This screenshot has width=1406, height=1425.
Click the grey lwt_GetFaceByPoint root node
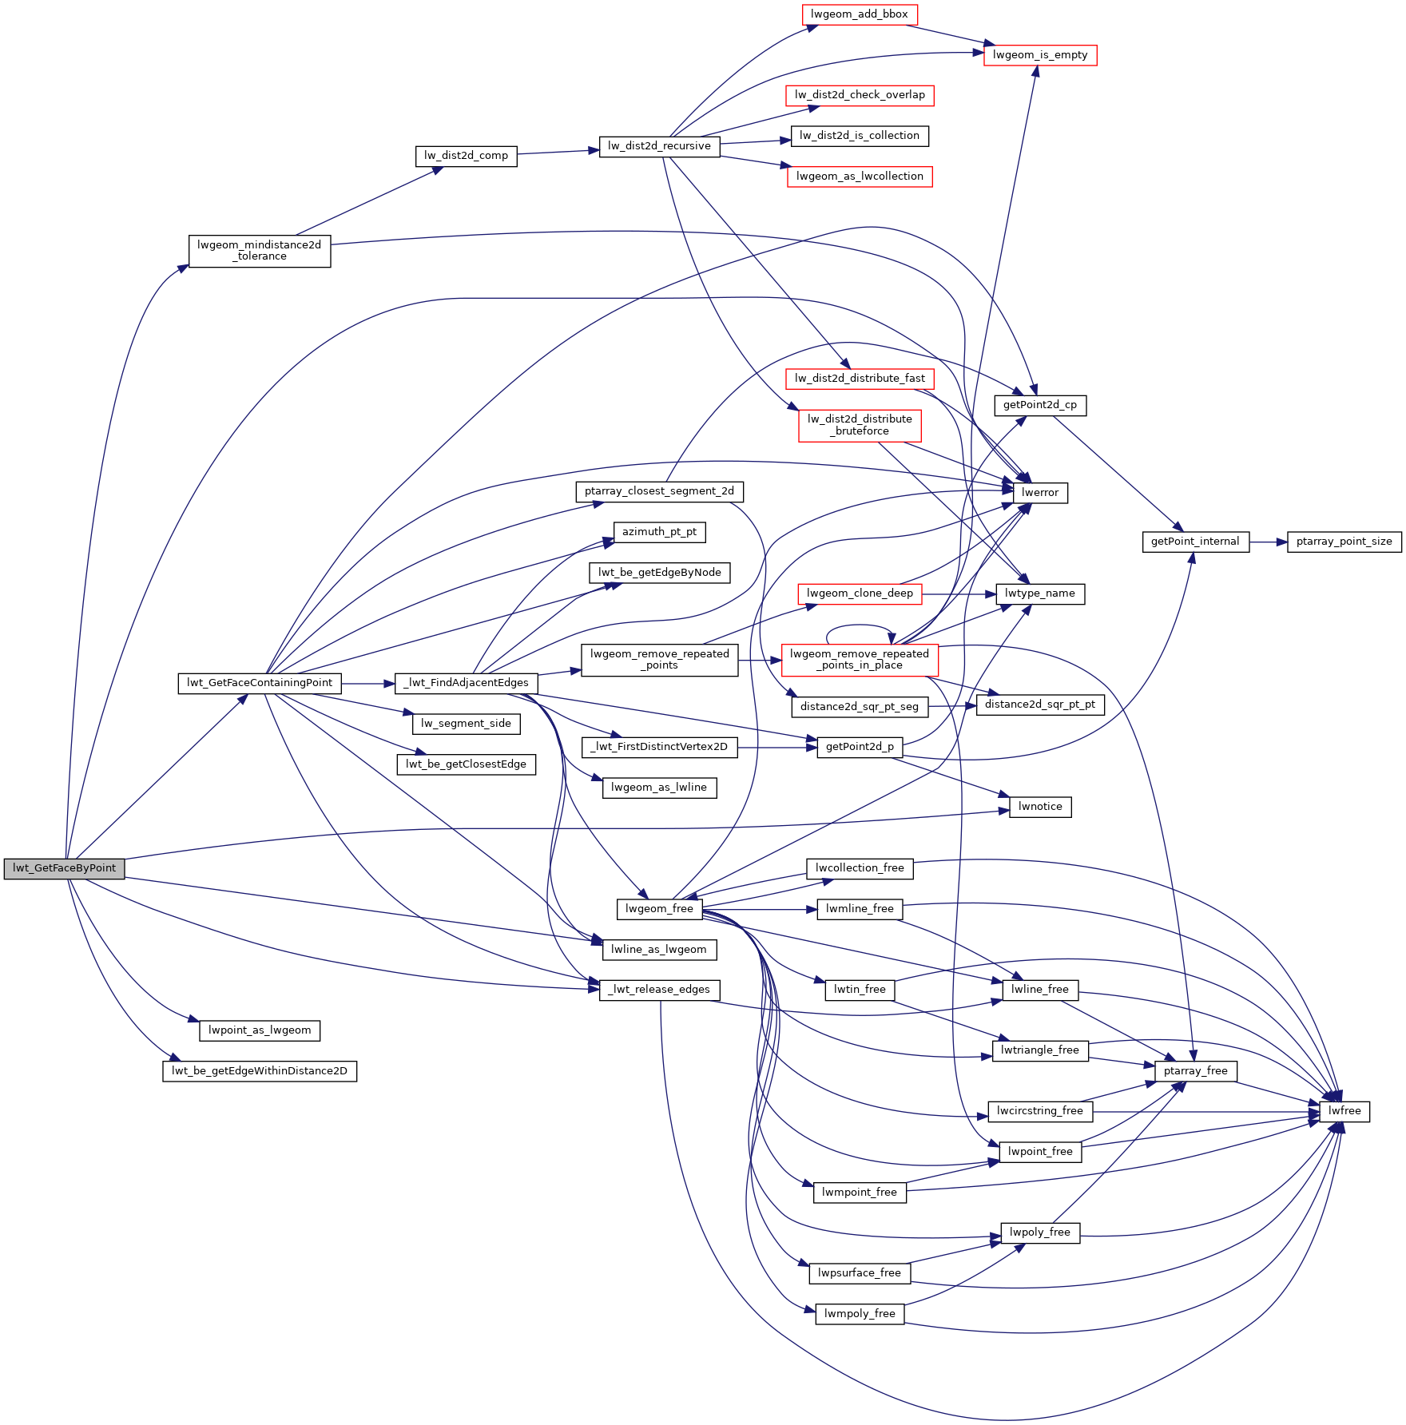pos(64,868)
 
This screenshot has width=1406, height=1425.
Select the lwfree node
pos(1344,1111)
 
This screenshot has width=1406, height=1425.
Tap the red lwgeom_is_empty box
pos(1040,55)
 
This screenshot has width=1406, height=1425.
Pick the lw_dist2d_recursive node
pos(659,146)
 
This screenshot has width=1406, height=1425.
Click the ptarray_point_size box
pos(1344,542)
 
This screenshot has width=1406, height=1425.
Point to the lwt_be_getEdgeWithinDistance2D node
pos(260,1071)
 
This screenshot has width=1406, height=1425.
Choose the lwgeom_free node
pos(659,909)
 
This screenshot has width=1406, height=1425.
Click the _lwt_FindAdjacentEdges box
pos(466,683)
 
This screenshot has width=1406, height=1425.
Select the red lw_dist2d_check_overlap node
pos(860,95)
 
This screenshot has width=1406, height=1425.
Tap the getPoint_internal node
pos(1195,542)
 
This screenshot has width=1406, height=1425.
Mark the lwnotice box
pos(1040,807)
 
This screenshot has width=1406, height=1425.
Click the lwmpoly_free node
pos(860,1314)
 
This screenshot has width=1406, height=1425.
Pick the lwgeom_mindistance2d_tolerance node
pos(260,251)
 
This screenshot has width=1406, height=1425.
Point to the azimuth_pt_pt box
pos(659,532)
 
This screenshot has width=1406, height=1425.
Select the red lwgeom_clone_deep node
pos(860,593)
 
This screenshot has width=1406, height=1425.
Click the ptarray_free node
pos(1195,1071)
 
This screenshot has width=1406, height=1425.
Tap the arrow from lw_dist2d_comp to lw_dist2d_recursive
pos(558,152)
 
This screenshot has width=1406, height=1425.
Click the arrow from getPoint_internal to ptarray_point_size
pos(1269,542)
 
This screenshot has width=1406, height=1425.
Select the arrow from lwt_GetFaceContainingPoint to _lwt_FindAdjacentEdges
pos(368,684)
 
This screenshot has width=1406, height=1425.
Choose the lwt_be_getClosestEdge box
pos(466,764)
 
